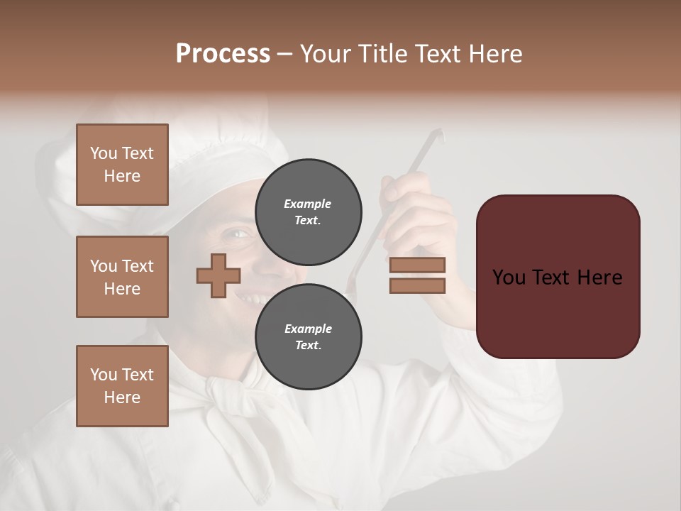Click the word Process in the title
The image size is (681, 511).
click(x=223, y=54)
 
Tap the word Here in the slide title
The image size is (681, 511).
click(x=491, y=54)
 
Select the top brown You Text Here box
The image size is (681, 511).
click(x=122, y=165)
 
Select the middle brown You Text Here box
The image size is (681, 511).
click(x=122, y=277)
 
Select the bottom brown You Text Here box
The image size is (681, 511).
click(x=122, y=386)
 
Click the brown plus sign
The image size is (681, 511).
click(x=218, y=276)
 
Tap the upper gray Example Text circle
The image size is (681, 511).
click(x=309, y=212)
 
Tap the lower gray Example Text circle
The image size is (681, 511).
click(x=309, y=337)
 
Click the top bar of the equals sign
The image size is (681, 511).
click(x=417, y=265)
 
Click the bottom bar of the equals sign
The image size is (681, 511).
click(x=417, y=285)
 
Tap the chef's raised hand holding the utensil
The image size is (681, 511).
click(x=419, y=206)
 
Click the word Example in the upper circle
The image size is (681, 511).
click(x=308, y=204)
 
